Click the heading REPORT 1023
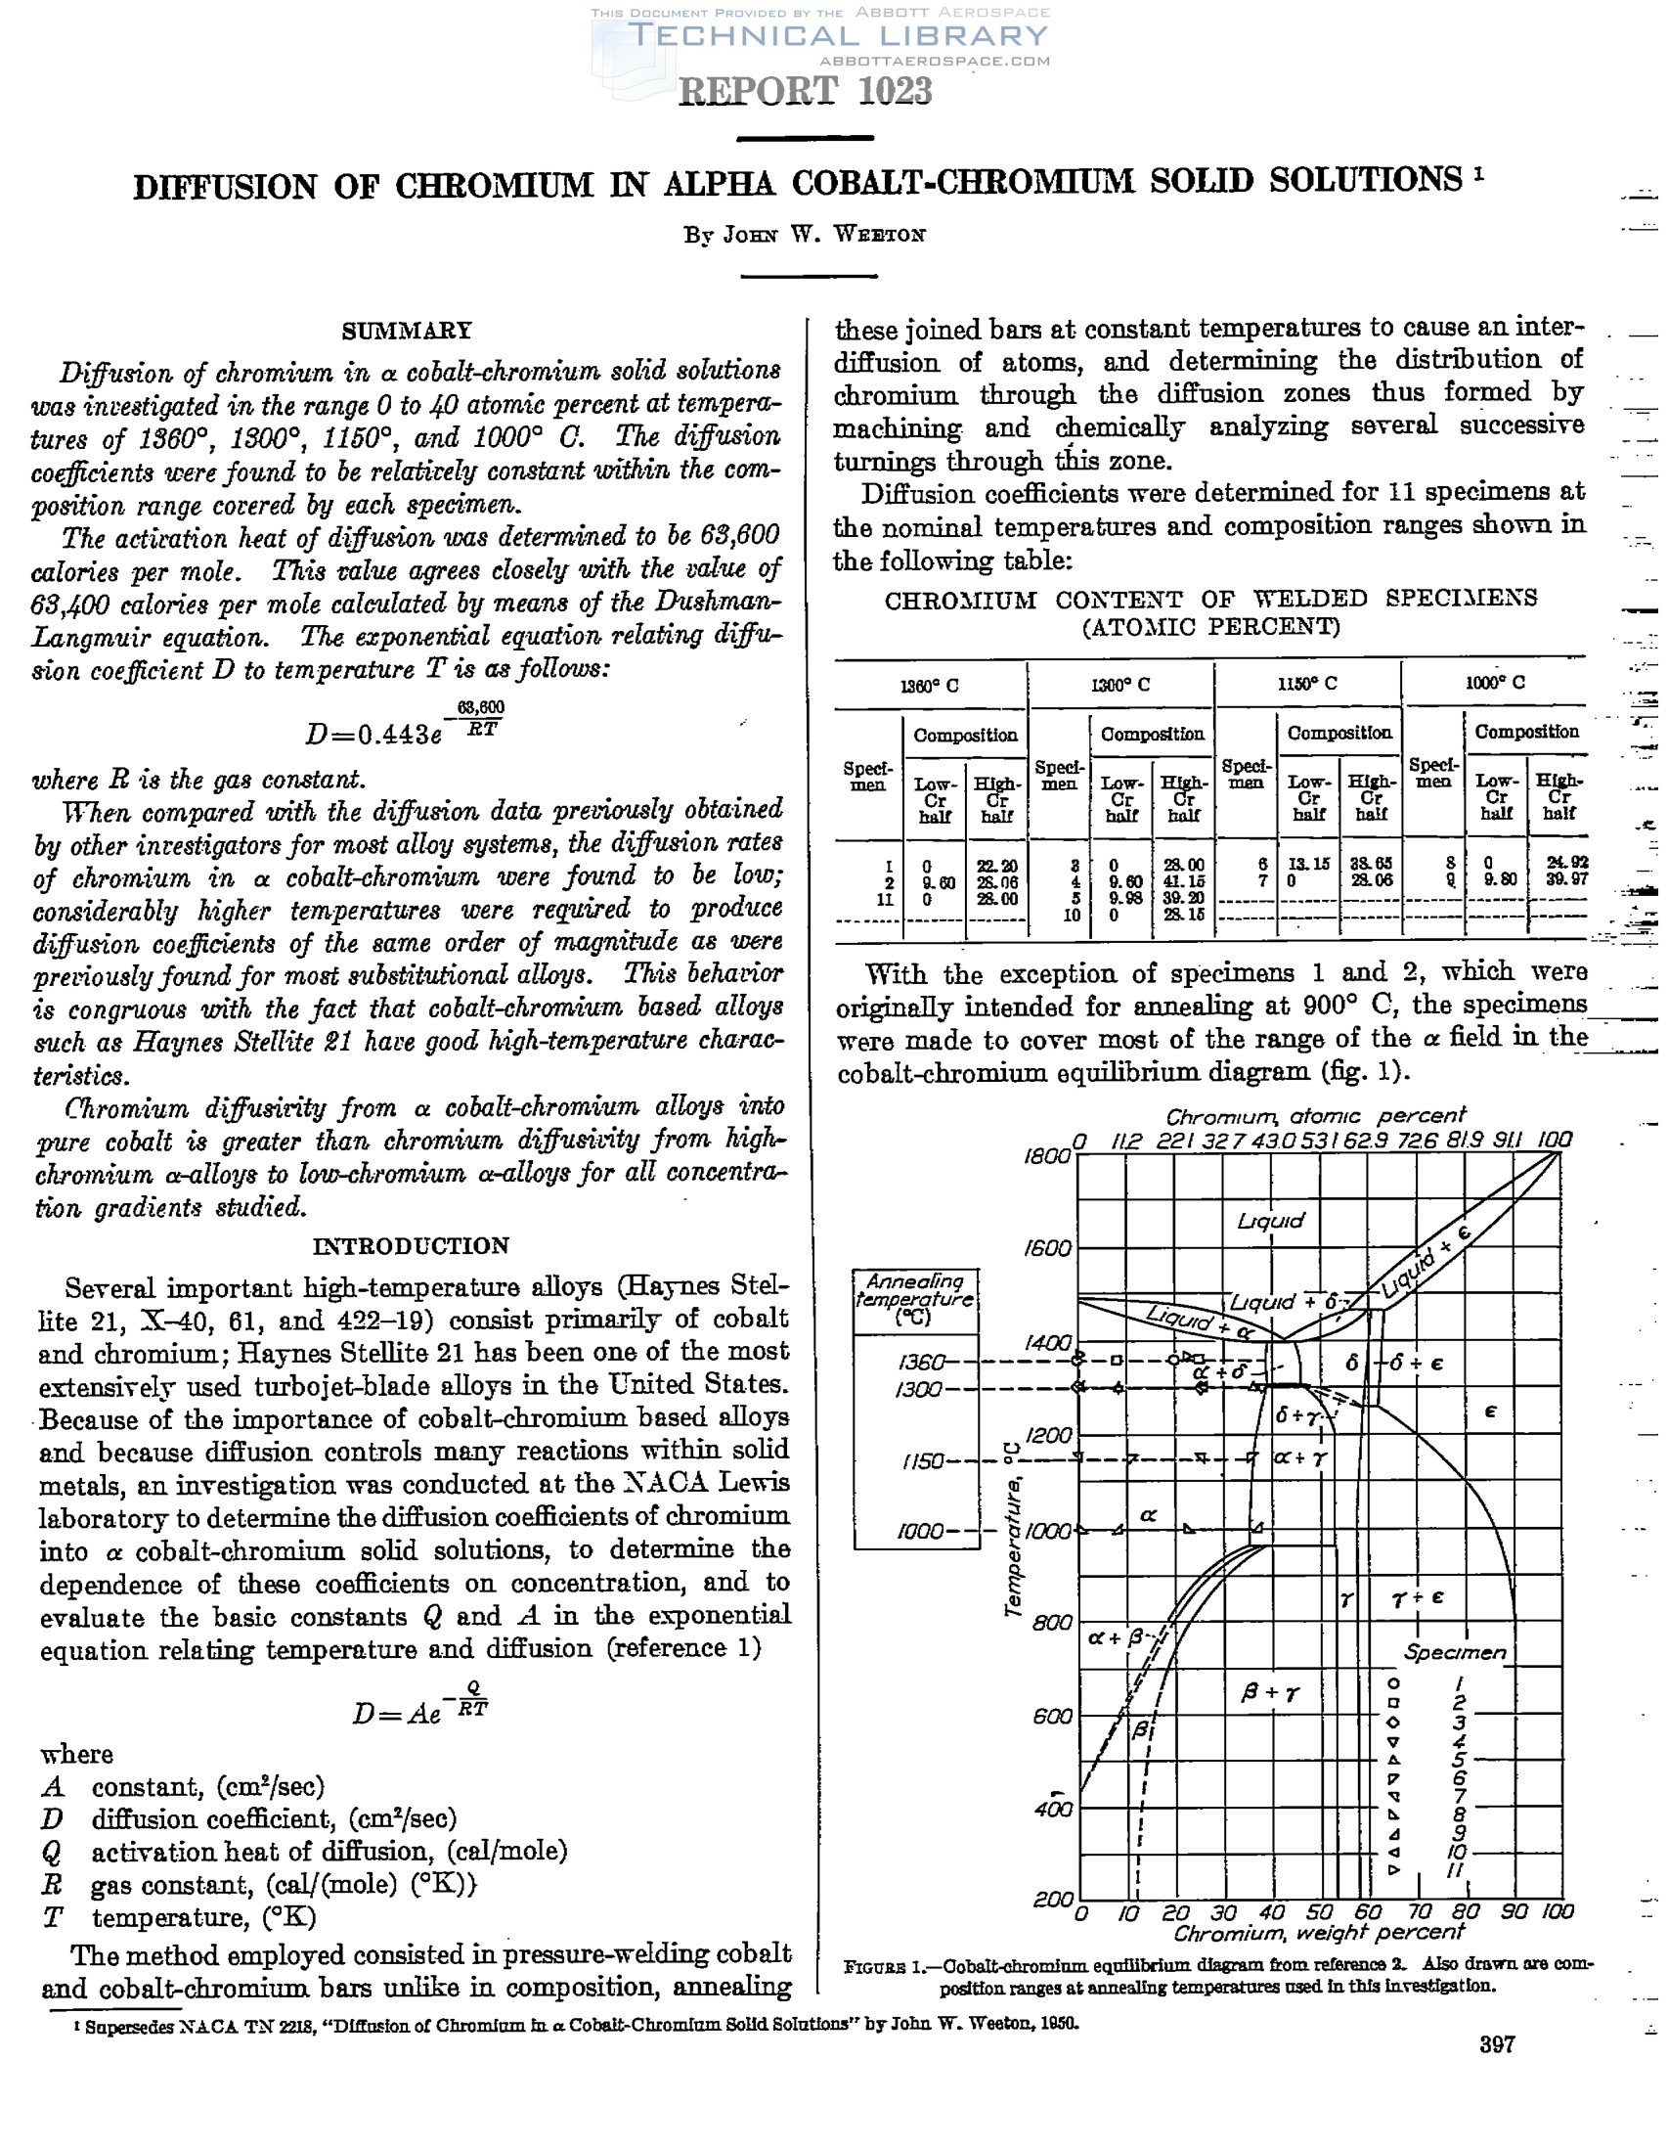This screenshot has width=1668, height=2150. pos(805,92)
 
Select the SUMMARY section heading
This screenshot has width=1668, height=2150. pos(407,331)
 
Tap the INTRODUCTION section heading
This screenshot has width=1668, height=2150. pos(412,1245)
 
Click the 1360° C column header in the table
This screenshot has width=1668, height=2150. pos(929,685)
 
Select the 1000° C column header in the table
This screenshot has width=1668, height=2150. pos(1495,683)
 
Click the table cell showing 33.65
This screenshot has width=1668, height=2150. pos(1371,864)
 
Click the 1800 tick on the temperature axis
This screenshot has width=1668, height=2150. pos(1045,1156)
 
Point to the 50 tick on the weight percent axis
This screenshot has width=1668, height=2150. pos(1319,1911)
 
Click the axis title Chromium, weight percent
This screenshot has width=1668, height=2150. pos(1319,1935)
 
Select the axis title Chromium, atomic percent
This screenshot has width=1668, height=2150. pos(1316,1116)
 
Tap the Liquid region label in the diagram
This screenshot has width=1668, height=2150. pos(1270,1221)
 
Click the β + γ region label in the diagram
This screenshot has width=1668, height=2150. pos(1270,1693)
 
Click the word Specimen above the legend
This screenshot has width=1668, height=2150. pos(1456,1653)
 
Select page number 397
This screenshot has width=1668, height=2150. pos(1497,2044)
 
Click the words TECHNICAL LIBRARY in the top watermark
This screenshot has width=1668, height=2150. pos(838,36)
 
